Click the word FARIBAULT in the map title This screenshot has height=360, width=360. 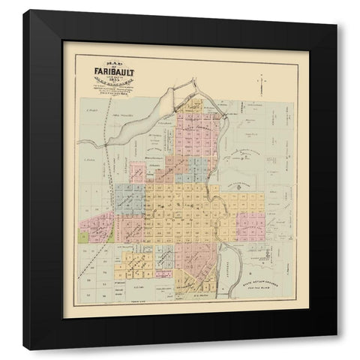pos(109,72)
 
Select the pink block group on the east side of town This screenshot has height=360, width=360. pos(253,222)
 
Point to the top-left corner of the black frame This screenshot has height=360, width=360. pos(23,10)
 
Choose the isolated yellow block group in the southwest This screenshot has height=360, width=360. pos(138,262)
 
